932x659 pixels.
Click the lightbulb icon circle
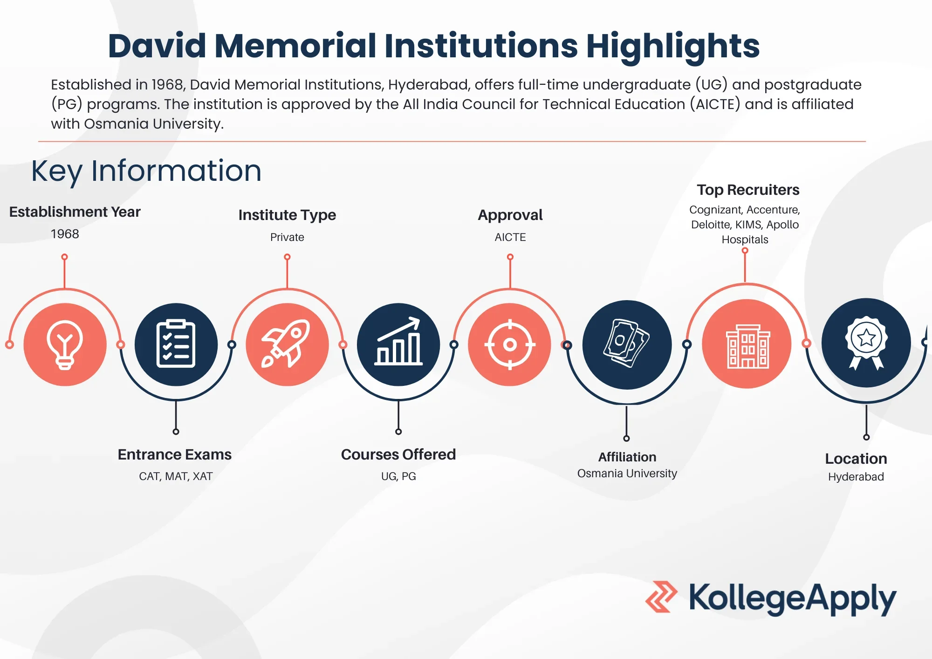point(65,344)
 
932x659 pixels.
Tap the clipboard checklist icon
point(176,344)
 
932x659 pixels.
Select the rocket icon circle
point(287,344)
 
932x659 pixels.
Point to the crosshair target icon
point(510,344)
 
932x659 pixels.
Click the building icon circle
point(747,343)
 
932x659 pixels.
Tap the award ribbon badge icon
point(866,343)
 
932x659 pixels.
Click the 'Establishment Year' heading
point(75,212)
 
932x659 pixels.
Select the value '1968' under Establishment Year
point(65,234)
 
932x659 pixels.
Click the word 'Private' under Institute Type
point(287,237)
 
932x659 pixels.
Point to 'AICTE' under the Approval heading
point(510,237)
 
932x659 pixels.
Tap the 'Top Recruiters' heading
point(748,190)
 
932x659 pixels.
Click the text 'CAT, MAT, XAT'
point(176,476)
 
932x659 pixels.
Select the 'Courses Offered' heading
point(398,454)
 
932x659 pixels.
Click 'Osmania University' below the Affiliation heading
point(627,474)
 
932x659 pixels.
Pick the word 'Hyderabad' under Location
point(856,477)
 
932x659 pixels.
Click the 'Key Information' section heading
point(146,171)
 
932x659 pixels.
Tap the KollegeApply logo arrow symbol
point(661,597)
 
